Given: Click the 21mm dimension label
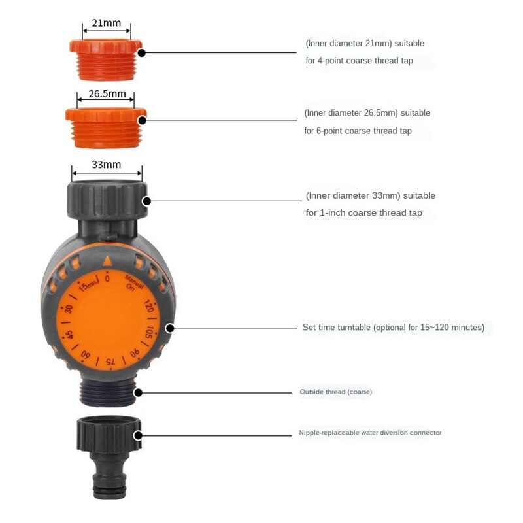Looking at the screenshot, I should [x=107, y=24].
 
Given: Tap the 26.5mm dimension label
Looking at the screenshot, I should [x=107, y=93].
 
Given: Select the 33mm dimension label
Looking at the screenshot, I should [x=106, y=165].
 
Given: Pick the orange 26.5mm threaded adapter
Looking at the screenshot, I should [x=105, y=127].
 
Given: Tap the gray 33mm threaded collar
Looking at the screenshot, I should [x=107, y=199].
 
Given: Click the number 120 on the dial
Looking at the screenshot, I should [x=148, y=307].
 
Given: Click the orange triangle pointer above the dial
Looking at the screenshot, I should [x=107, y=261].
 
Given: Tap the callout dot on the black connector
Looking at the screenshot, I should [x=138, y=435].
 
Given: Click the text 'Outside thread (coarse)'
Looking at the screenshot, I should [x=335, y=392].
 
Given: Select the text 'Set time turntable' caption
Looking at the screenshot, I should [x=336, y=328].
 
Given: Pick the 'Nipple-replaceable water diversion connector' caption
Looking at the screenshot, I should [x=370, y=433].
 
